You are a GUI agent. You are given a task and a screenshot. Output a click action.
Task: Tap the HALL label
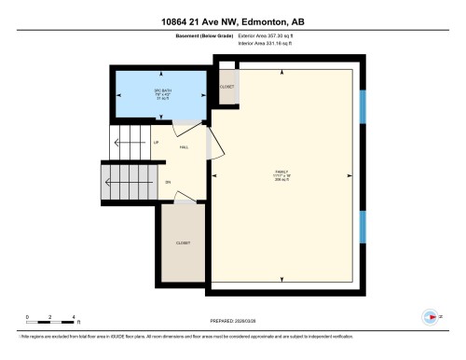185,147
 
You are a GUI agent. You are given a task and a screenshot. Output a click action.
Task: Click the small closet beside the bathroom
226,88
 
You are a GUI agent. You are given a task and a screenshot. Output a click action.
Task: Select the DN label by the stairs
168,182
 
